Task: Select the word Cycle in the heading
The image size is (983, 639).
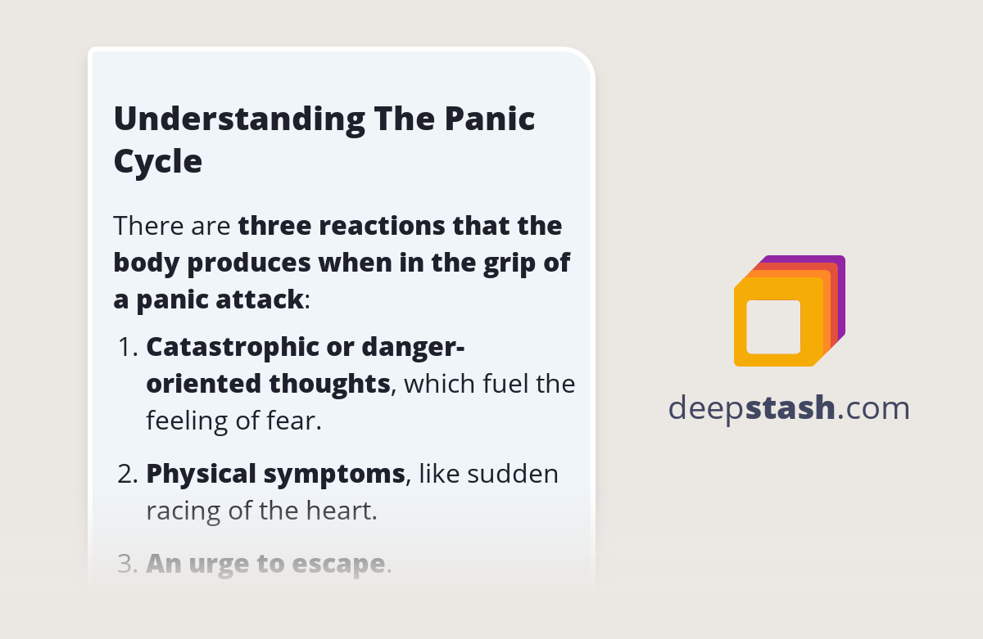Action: coord(157,162)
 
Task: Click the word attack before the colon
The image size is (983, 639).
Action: coord(257,299)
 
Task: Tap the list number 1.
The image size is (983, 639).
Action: coord(127,347)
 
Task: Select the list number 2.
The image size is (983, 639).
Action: coord(127,474)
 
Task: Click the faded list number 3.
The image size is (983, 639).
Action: coord(127,564)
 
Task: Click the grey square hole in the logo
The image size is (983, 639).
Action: coord(773,326)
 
